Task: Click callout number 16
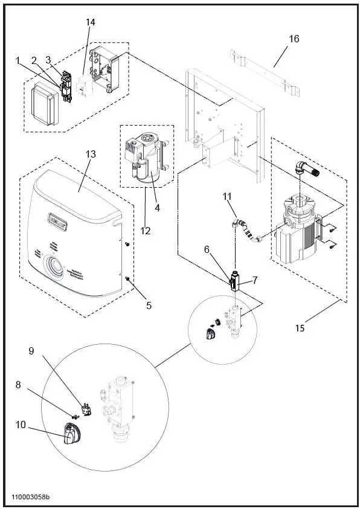[x=294, y=39]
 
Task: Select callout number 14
[x=91, y=22]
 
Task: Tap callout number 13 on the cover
[x=91, y=154]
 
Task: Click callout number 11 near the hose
[x=227, y=196]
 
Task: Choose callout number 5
[x=149, y=305]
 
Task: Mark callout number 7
[x=255, y=280]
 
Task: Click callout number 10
[x=21, y=424]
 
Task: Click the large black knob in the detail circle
[x=74, y=434]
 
